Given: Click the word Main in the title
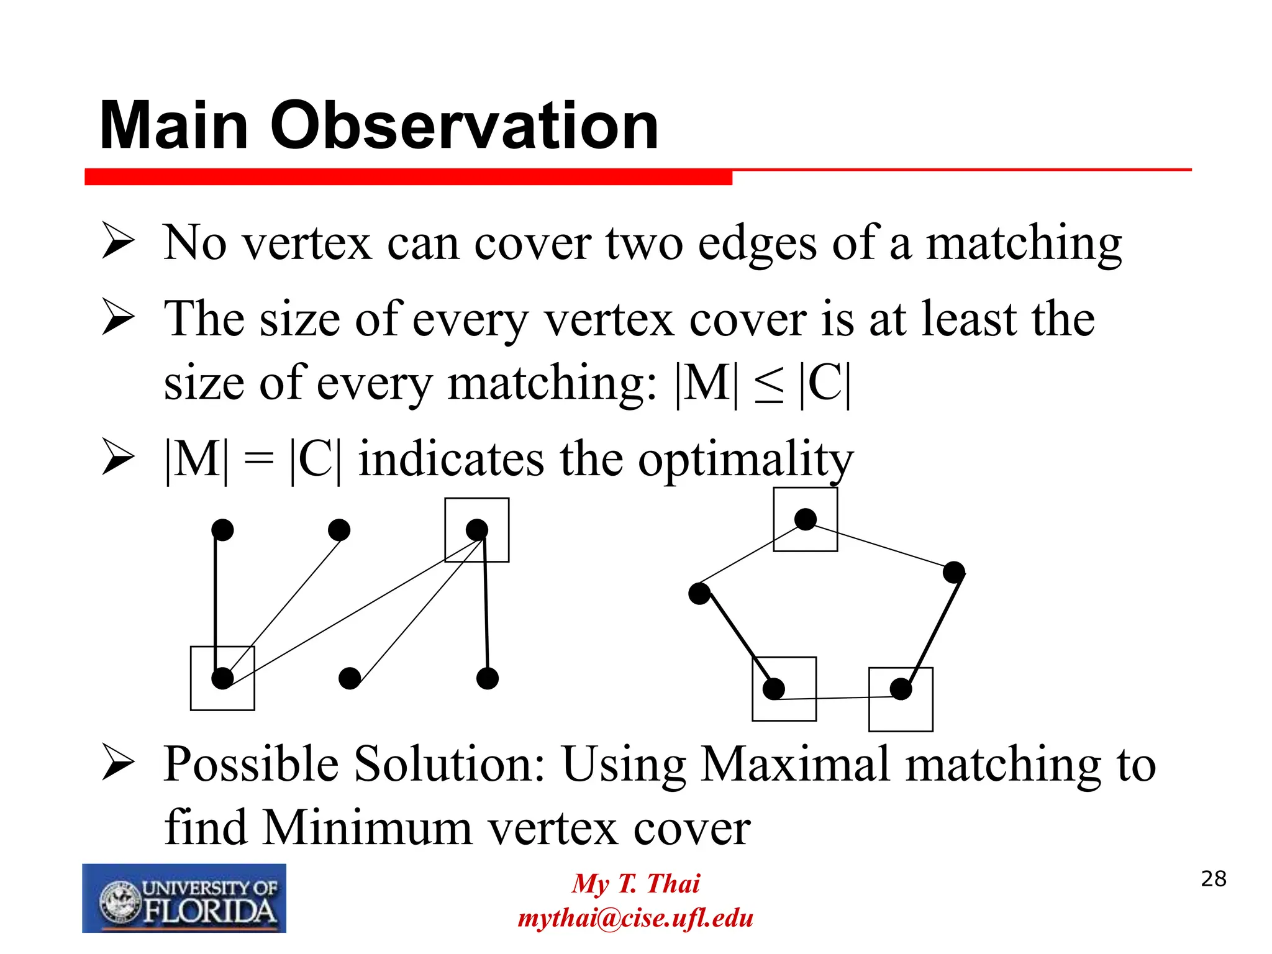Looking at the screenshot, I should pyautogui.click(x=175, y=126).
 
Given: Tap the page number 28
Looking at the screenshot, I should pyautogui.click(x=1214, y=879).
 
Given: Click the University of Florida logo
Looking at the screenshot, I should pyautogui.click(x=184, y=898).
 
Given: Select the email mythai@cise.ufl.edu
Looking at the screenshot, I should pyautogui.click(x=635, y=918).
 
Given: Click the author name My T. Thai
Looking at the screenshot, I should pyautogui.click(x=635, y=883).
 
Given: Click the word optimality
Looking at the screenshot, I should pyautogui.click(x=745, y=460).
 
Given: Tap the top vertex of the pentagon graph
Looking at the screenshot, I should pyautogui.click(x=806, y=519).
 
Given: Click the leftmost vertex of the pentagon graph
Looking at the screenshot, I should pyautogui.click(x=699, y=594).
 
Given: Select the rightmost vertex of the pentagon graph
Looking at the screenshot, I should pyautogui.click(x=954, y=572).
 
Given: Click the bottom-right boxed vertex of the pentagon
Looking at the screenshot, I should pyautogui.click(x=901, y=689).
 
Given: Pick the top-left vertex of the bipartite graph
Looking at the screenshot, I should pyautogui.click(x=222, y=530).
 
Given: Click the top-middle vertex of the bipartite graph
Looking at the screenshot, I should pyautogui.click(x=339, y=530).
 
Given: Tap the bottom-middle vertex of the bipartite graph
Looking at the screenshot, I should pyautogui.click(x=350, y=678).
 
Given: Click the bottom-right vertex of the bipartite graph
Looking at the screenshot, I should pyautogui.click(x=488, y=678).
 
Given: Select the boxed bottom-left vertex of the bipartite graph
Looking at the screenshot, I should pyautogui.click(x=222, y=678).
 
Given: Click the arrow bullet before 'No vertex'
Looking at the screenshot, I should pyautogui.click(x=118, y=242).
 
